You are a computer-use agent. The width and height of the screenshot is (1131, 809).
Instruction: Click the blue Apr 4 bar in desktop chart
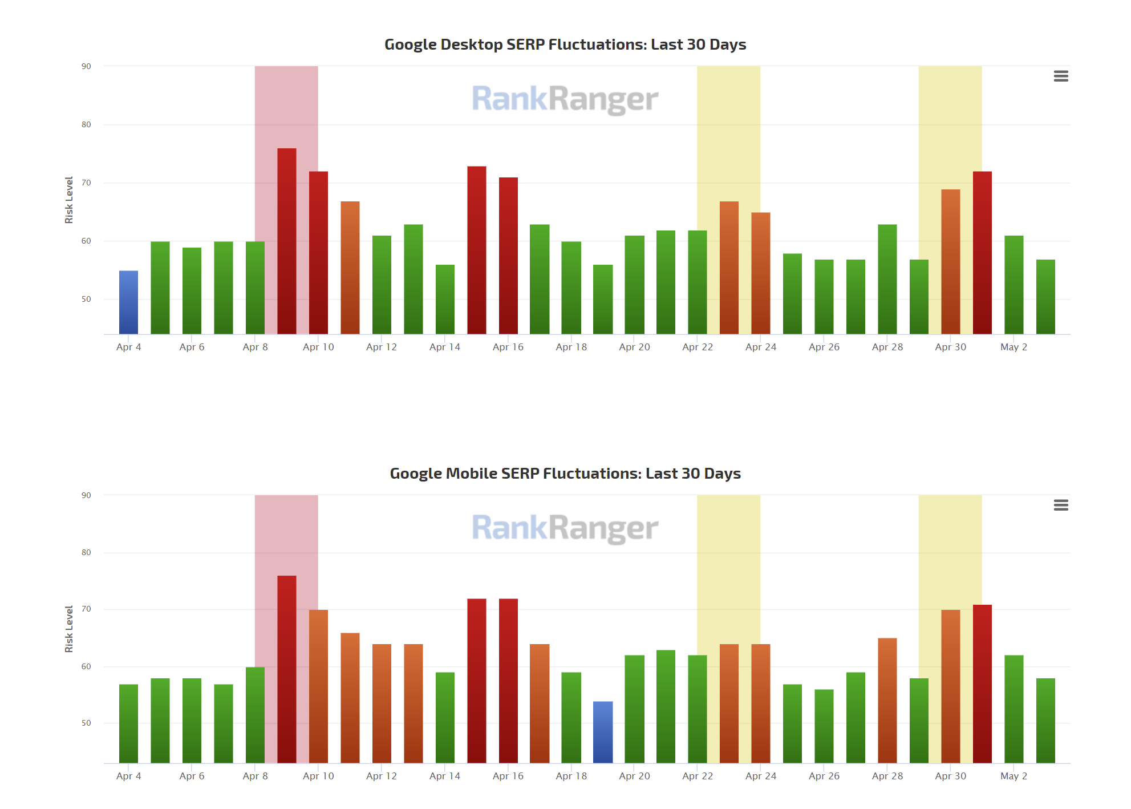point(128,302)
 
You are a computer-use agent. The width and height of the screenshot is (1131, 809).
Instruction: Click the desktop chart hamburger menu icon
point(1060,76)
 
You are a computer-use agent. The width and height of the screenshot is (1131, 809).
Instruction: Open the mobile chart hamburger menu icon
point(1060,505)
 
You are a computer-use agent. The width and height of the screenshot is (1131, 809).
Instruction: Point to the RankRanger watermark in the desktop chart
point(565,99)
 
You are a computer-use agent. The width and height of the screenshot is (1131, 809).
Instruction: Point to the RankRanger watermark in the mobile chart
point(565,528)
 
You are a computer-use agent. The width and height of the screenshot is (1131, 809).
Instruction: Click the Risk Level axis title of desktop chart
point(69,200)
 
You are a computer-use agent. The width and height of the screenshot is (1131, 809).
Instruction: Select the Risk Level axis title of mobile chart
point(69,629)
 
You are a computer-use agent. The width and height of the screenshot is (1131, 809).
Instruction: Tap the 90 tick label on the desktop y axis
point(86,66)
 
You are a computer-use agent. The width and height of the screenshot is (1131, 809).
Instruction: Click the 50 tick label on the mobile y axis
point(86,723)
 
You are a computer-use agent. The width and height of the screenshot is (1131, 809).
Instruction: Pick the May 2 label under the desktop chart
point(1014,347)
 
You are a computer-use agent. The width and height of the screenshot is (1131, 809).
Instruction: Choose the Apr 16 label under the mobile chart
point(508,776)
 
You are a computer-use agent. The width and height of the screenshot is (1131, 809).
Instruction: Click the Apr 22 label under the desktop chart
point(697,347)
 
